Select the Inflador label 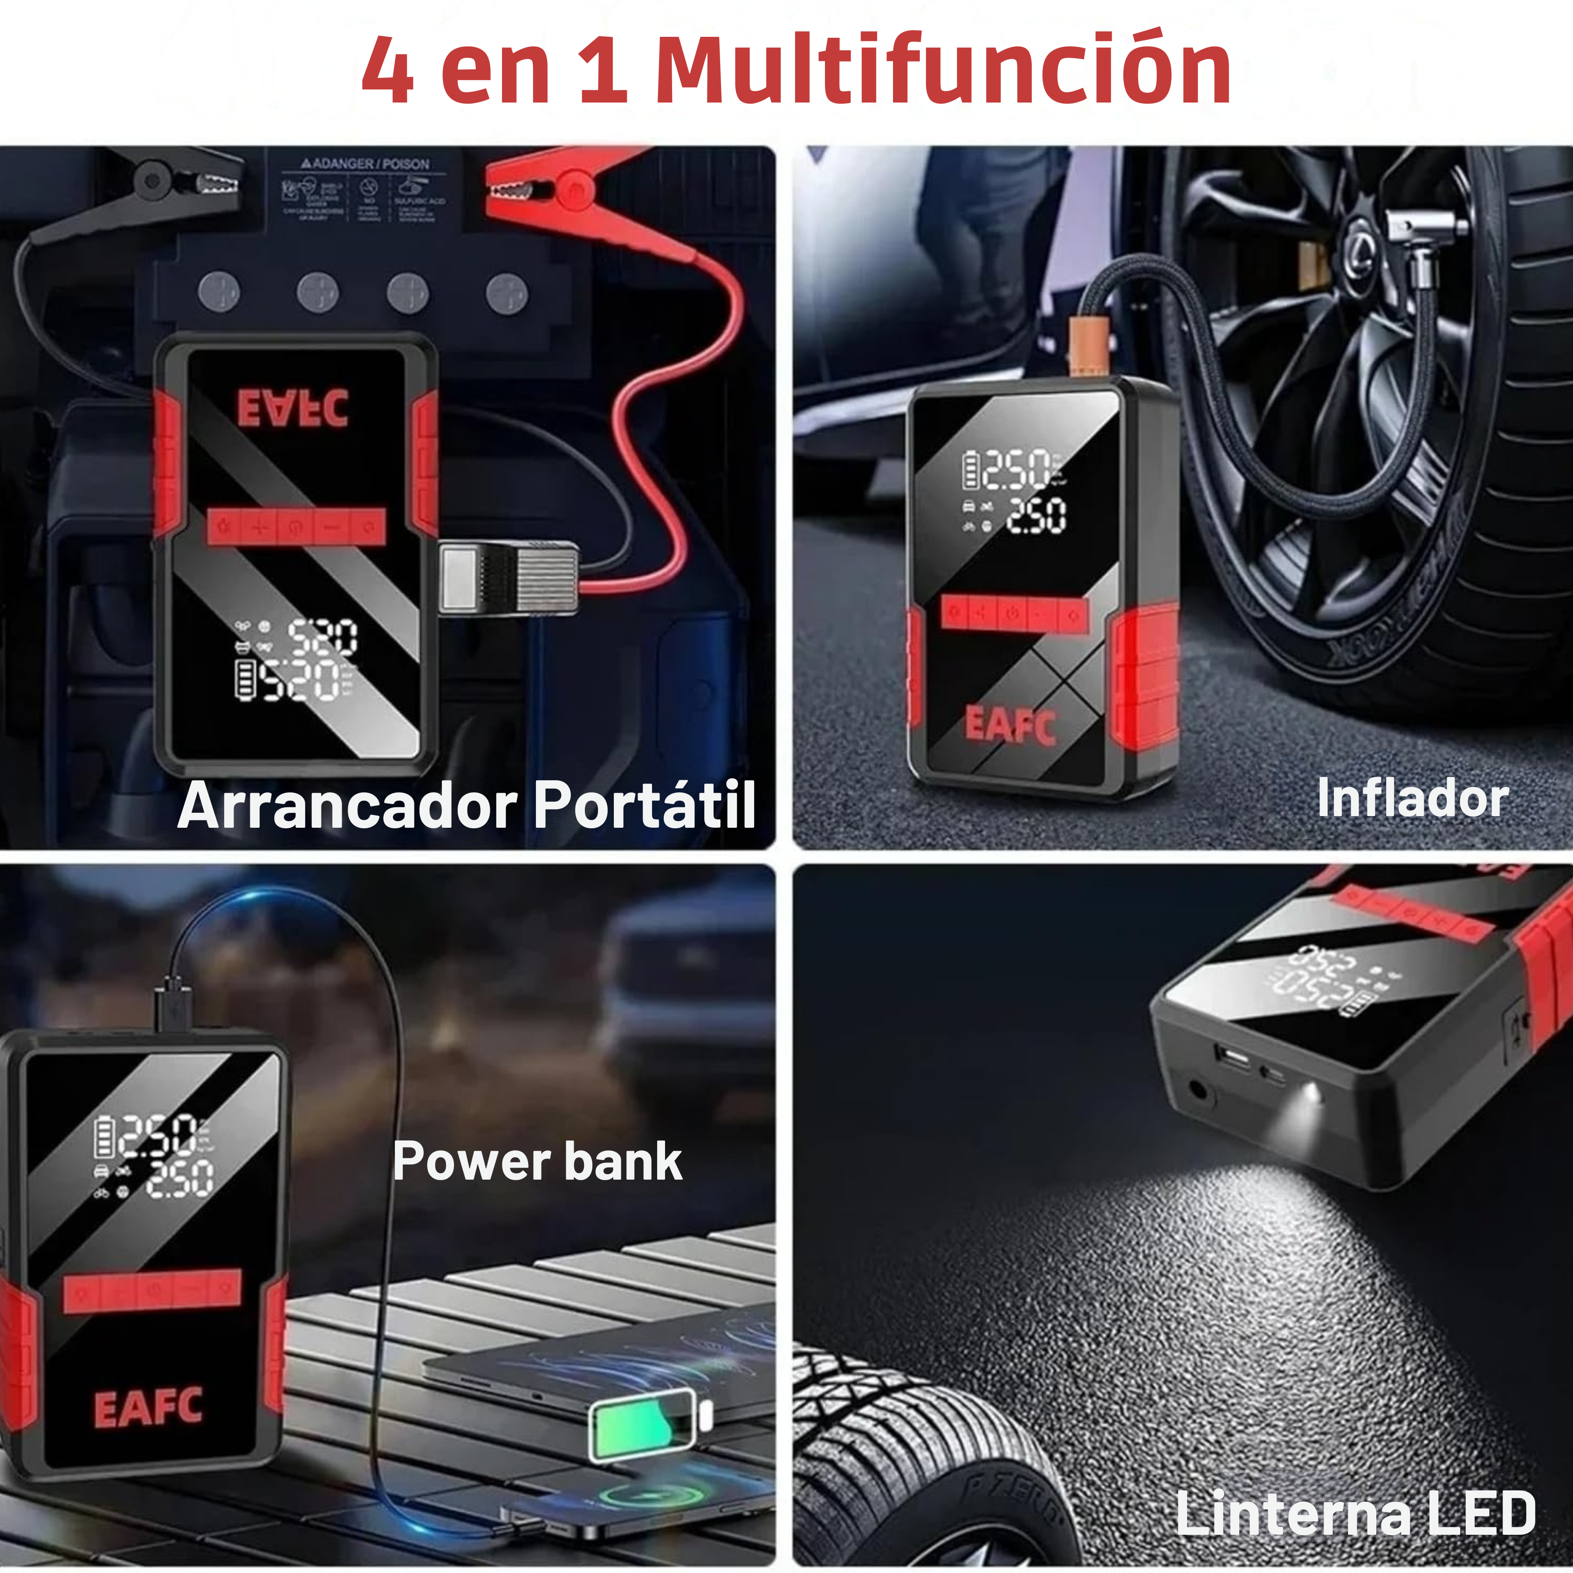1413,798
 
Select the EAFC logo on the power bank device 148,1408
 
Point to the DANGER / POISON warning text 366,164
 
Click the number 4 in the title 388,72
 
